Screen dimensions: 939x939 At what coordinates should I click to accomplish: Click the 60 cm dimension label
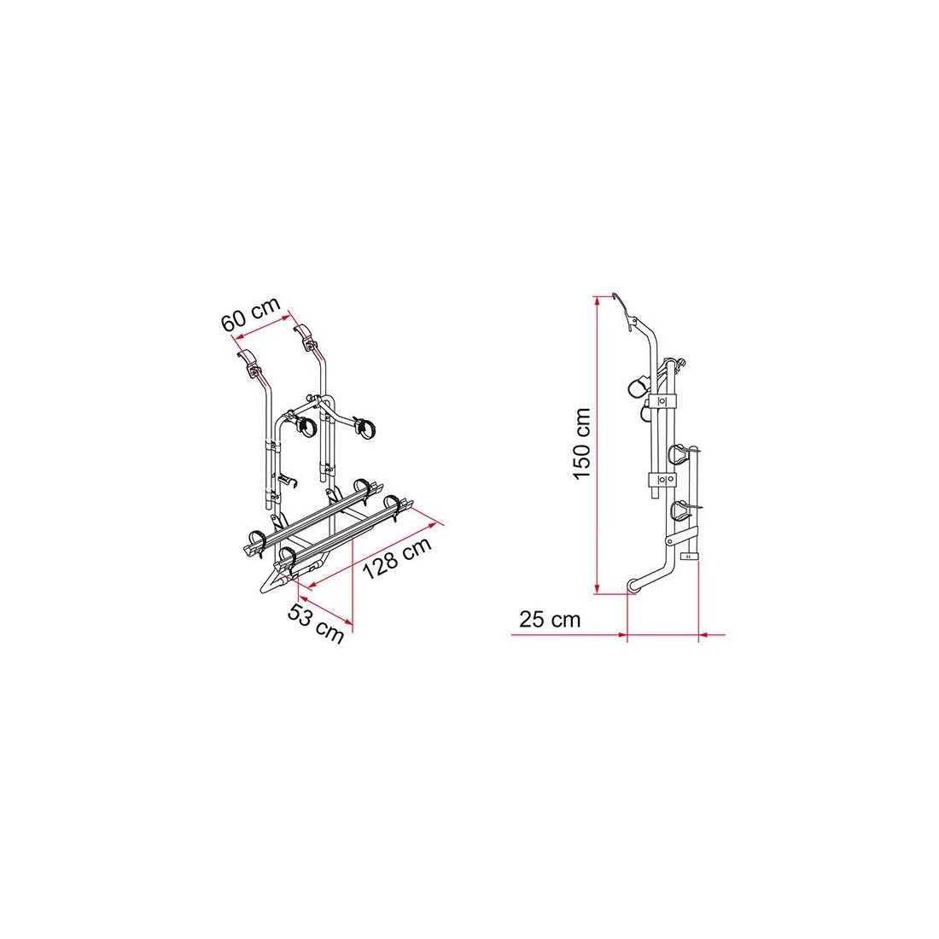click(x=251, y=314)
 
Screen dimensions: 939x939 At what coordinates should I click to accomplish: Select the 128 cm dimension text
click(x=396, y=558)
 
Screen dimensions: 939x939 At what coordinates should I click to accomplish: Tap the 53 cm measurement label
click(x=316, y=623)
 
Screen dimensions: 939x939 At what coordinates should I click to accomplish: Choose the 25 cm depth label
click(x=550, y=619)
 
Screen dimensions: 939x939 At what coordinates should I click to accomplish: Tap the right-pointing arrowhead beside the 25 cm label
click(x=621, y=634)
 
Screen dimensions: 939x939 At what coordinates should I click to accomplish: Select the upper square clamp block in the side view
click(x=662, y=400)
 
